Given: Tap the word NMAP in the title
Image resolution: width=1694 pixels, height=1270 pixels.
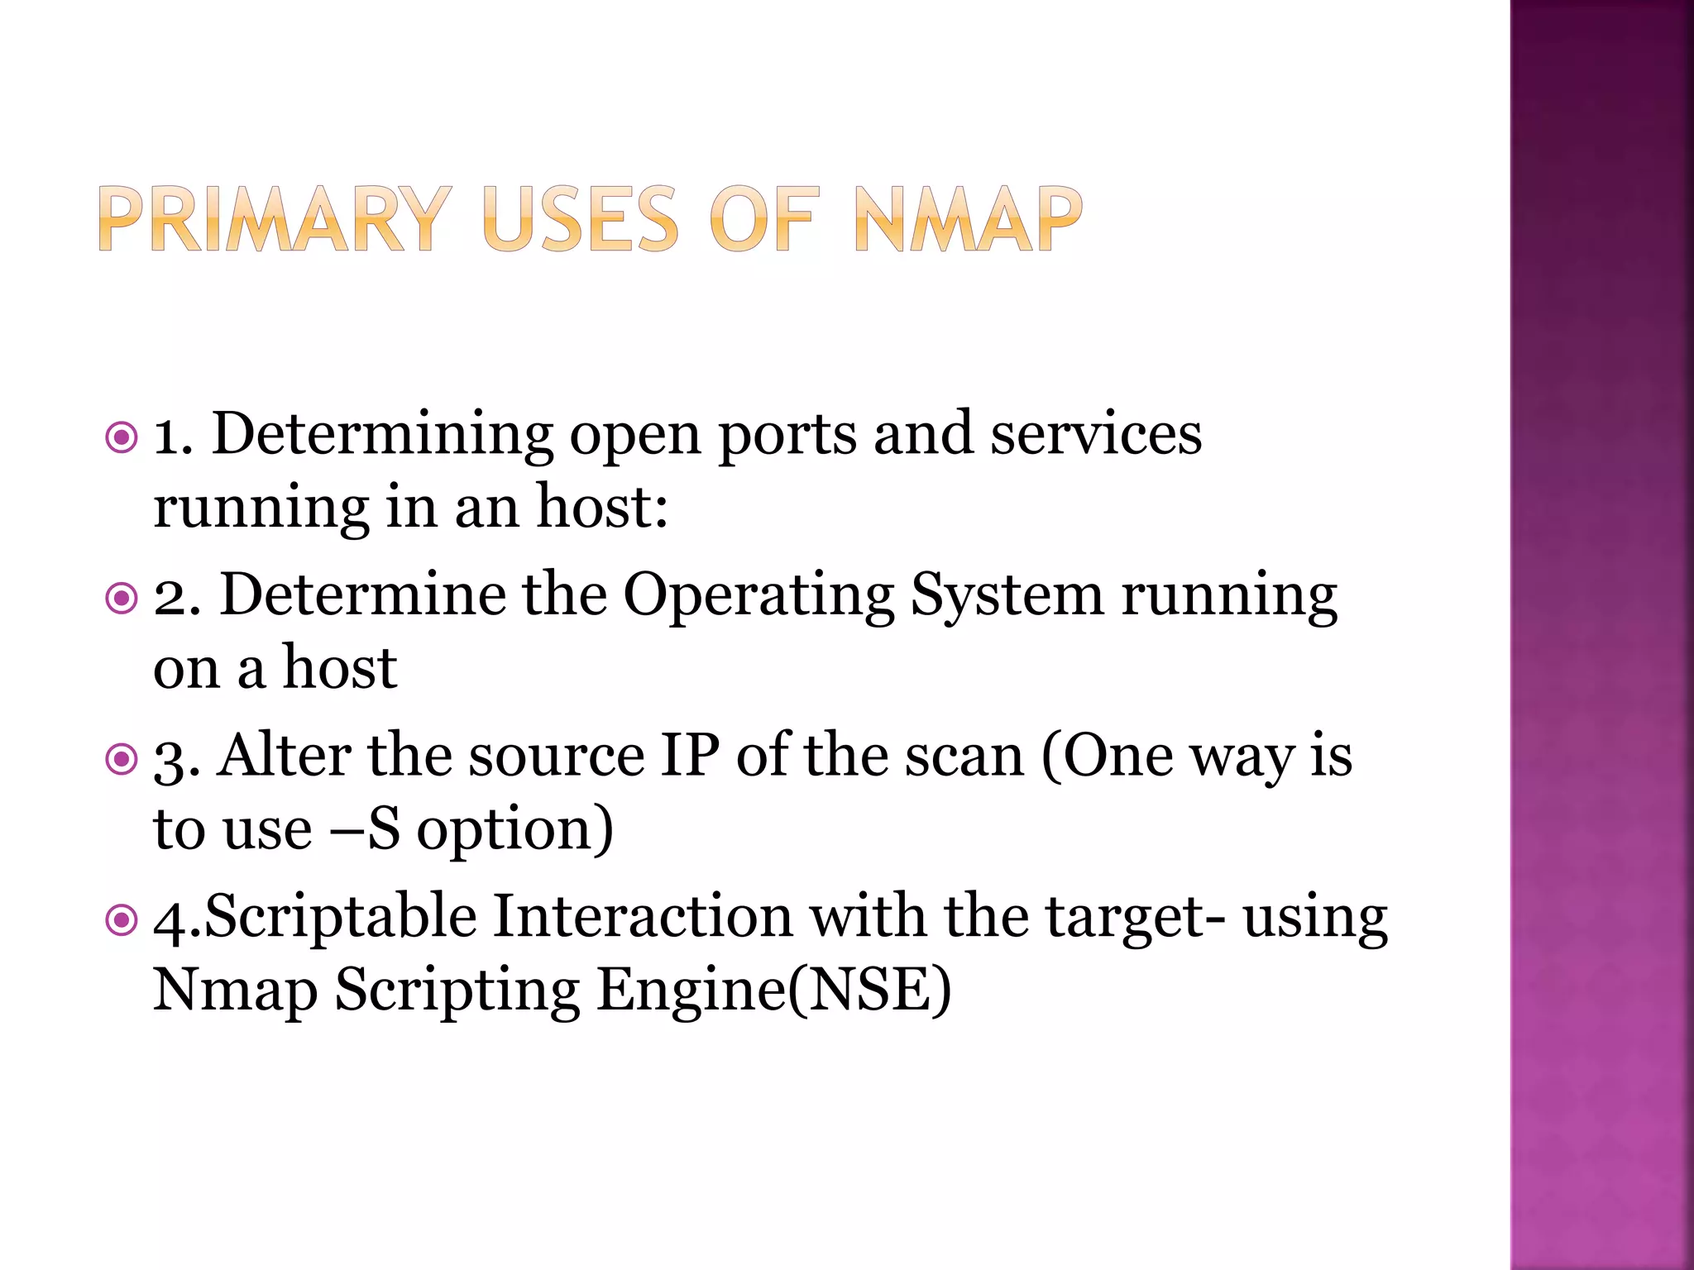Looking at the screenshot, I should click(x=968, y=219).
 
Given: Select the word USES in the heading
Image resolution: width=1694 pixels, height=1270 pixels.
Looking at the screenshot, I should click(x=580, y=219).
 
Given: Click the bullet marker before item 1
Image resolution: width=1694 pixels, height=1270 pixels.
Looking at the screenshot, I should click(x=122, y=437).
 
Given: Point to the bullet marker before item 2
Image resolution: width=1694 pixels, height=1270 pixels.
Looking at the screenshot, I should click(x=122, y=598).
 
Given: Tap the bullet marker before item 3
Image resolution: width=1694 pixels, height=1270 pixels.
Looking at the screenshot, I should click(x=122, y=758).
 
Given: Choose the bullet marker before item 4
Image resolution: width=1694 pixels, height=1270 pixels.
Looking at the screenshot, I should click(x=122, y=919).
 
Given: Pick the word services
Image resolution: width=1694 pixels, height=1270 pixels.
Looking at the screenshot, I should click(x=1096, y=434).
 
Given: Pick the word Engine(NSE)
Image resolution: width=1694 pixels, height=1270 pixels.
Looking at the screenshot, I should click(x=774, y=990).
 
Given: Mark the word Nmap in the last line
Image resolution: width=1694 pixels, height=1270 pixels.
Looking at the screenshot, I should click(x=236, y=990).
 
